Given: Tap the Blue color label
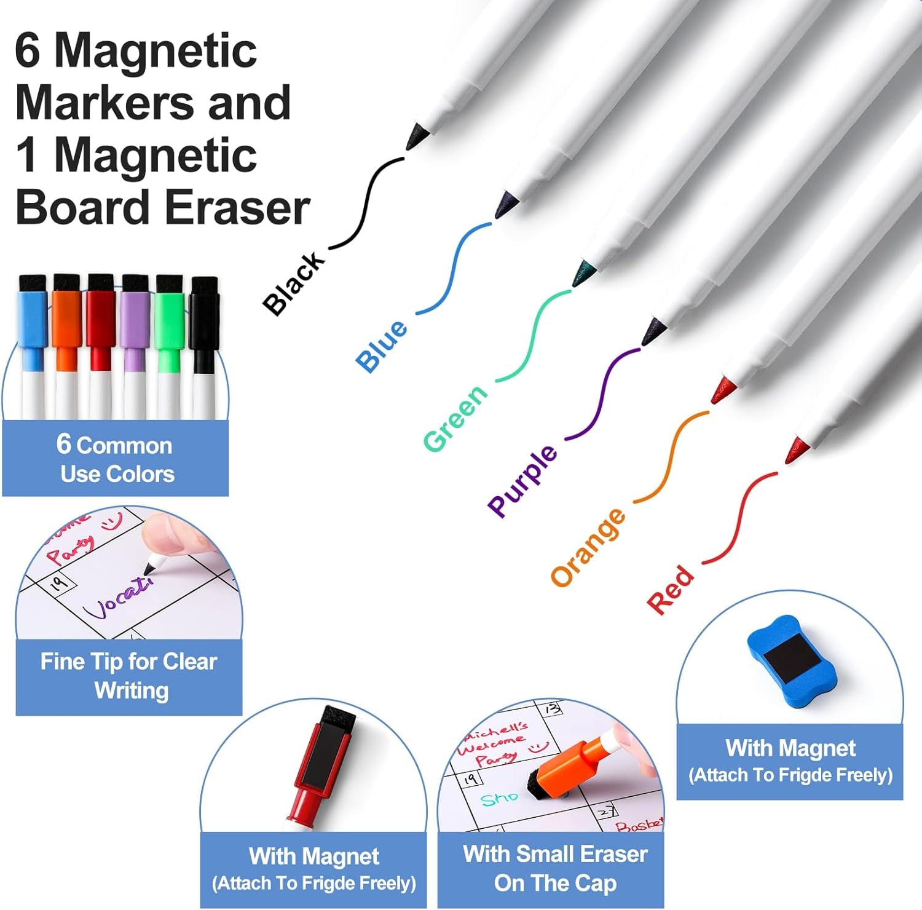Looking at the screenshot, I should (382, 346).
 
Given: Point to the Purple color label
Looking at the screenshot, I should (522, 480).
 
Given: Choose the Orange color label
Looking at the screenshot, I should (588, 547).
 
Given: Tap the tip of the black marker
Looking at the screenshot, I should (416, 136).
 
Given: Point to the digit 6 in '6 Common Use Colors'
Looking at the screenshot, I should (64, 443).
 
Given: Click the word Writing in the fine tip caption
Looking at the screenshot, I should (132, 690).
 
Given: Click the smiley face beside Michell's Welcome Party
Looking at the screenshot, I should (538, 747).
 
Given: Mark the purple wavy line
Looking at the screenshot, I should (603, 394).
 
